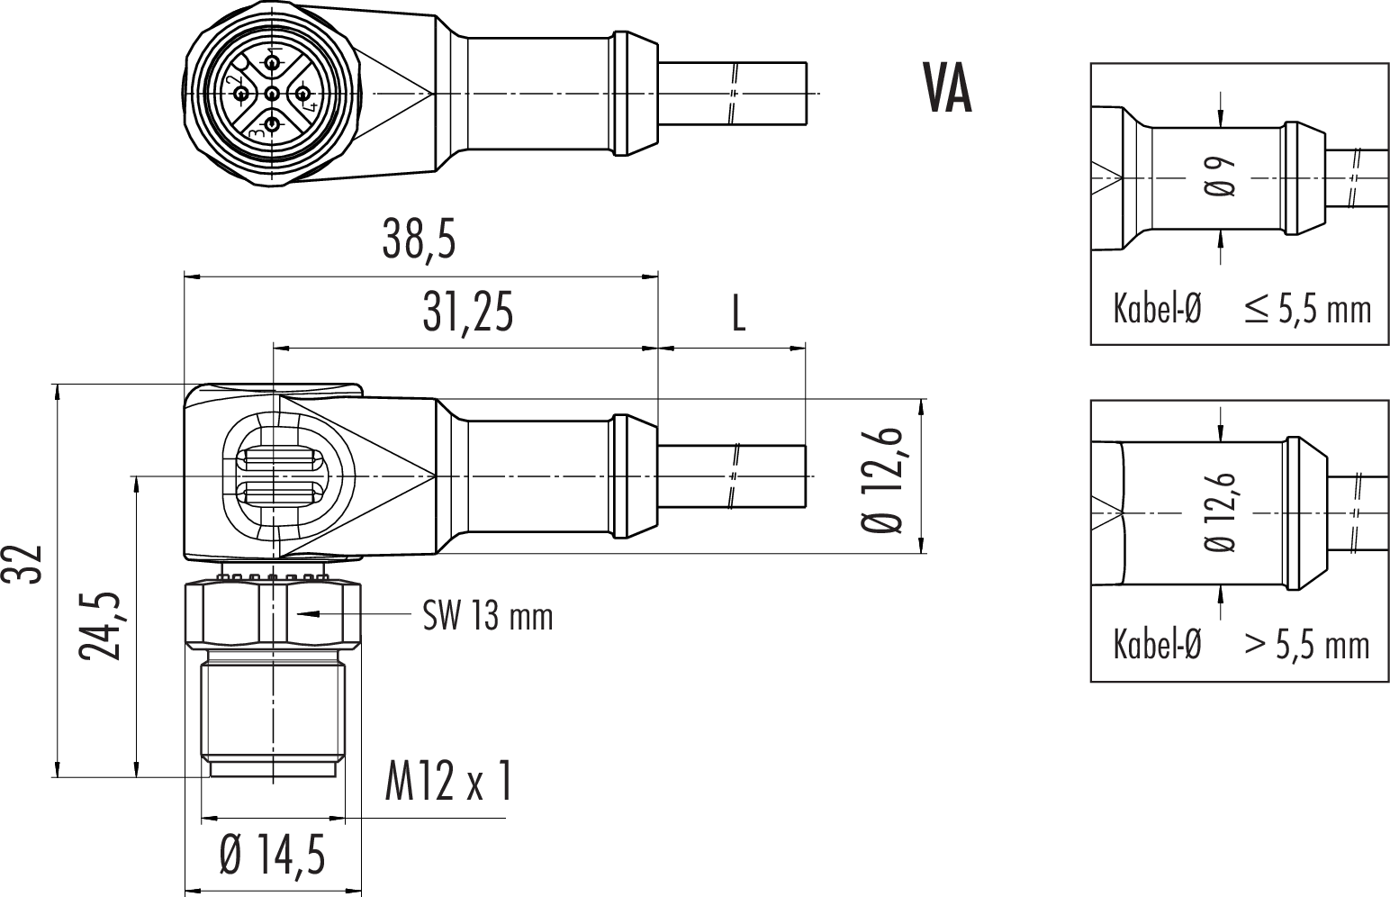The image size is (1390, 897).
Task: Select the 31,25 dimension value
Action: pyautogui.click(x=468, y=313)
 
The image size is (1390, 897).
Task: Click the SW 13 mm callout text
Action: pyautogui.click(x=488, y=616)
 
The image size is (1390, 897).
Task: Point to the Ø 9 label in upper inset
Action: pyautogui.click(x=1219, y=176)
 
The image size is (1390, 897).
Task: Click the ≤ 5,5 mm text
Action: pyautogui.click(x=1307, y=309)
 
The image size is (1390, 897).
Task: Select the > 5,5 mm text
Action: pyautogui.click(x=1307, y=645)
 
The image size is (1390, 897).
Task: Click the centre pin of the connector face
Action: pyautogui.click(x=271, y=94)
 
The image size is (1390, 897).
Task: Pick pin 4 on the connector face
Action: pyautogui.click(x=302, y=93)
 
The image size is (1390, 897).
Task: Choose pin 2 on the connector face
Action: pyautogui.click(x=240, y=94)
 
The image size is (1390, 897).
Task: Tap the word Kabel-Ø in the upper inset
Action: pyautogui.click(x=1157, y=309)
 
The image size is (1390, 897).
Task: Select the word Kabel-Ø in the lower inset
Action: pyautogui.click(x=1157, y=645)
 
